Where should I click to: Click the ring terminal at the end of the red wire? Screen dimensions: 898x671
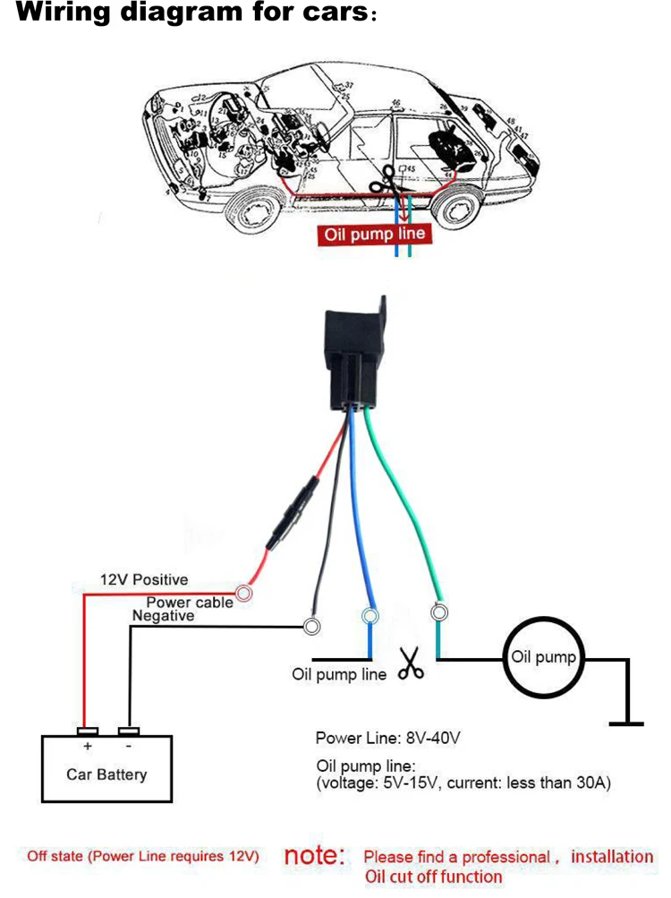(x=243, y=592)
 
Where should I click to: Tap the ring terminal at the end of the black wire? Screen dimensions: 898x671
(x=313, y=626)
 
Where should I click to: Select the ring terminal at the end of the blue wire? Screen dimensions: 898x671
(x=369, y=616)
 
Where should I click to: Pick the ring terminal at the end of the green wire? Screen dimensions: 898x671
(x=438, y=612)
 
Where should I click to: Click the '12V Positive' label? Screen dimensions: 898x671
(x=144, y=580)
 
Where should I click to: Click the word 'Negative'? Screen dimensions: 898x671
(x=163, y=616)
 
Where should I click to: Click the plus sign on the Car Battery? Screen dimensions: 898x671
(x=88, y=745)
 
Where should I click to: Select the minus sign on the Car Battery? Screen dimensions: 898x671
(x=129, y=745)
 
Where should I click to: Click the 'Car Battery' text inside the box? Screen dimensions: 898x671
(x=106, y=774)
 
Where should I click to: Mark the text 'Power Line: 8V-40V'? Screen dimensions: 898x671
(x=387, y=739)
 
